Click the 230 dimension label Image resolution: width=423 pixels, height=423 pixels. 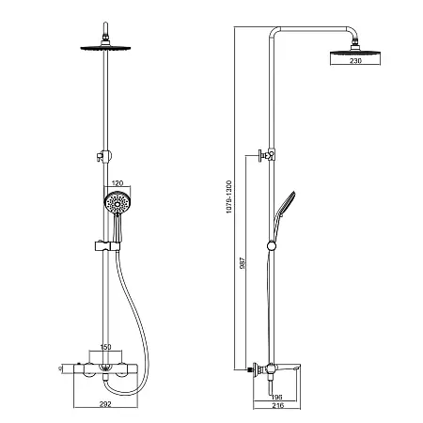tap(355, 61)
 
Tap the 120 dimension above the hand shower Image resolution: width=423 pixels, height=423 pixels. tap(117, 183)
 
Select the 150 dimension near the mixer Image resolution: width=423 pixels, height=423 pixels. tap(105, 347)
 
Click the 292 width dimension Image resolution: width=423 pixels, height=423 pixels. tap(105, 404)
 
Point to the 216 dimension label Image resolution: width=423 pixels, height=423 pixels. tap(278, 405)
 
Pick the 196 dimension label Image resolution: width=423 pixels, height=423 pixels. tap(276, 398)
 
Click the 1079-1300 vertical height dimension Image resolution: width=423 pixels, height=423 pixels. tap(229, 196)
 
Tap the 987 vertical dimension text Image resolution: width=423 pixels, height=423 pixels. tap(243, 263)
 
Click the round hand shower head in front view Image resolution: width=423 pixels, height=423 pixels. tap(117, 203)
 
